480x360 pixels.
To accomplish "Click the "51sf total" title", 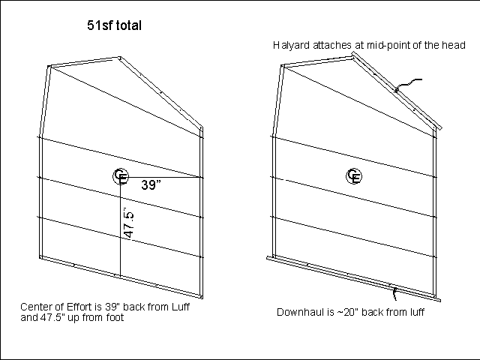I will point(115,26).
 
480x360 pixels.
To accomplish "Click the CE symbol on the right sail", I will point(354,176).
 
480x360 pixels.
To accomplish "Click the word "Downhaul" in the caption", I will point(300,312).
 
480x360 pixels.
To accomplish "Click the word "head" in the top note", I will point(454,46).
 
